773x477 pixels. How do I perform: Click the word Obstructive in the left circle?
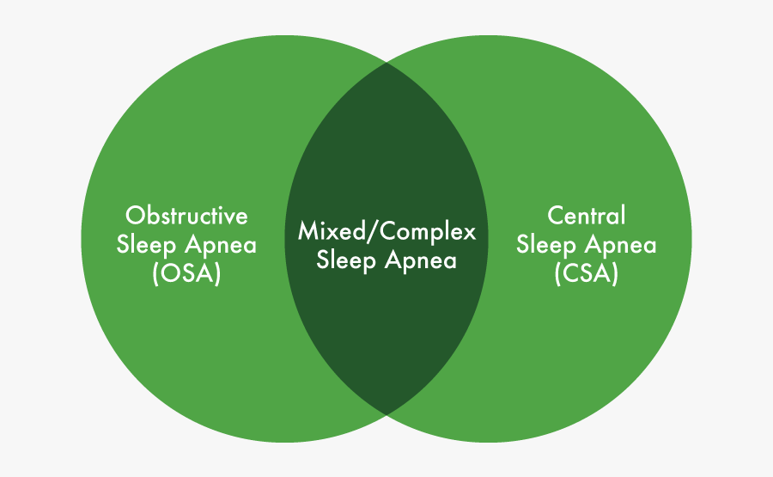[x=186, y=215]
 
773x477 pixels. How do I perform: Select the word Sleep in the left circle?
[x=146, y=245]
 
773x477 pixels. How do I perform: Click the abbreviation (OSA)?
[x=186, y=275]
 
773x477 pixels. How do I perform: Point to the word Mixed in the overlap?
[x=327, y=231]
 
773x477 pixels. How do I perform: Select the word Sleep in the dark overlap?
[x=346, y=260]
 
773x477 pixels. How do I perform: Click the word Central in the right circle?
[x=586, y=215]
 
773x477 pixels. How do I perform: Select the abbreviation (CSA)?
[x=586, y=275]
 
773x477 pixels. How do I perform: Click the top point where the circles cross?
[x=386, y=63]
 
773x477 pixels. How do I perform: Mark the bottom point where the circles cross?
[x=386, y=413]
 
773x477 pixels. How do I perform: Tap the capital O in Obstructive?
[x=135, y=215]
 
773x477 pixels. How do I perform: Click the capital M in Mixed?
[x=307, y=231]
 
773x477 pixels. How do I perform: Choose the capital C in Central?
[x=555, y=215]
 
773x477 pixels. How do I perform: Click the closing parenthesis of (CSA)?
[x=615, y=275]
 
